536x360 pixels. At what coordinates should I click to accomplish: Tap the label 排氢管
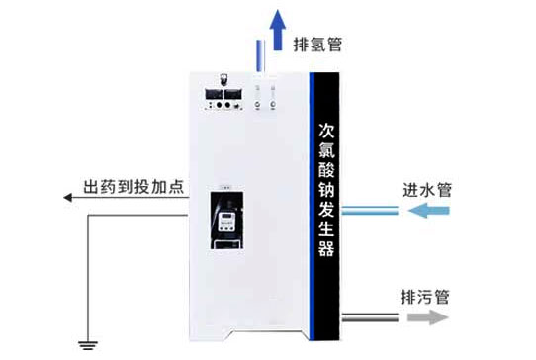[x=318, y=45]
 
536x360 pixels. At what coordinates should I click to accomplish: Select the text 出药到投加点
[x=134, y=187]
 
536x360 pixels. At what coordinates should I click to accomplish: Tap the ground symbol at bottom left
[x=87, y=343]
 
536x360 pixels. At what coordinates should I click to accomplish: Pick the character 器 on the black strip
[x=326, y=247]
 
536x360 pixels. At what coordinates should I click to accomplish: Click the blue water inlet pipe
[x=370, y=210]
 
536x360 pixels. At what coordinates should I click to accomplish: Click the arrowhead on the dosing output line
[x=69, y=198]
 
